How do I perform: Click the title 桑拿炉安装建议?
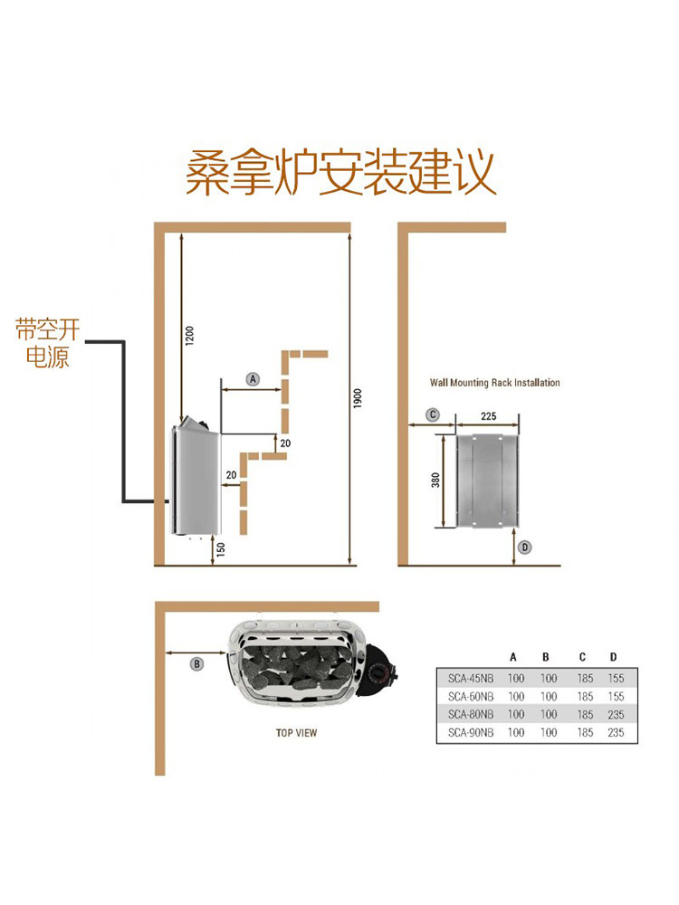(340, 172)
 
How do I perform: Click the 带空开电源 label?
(47, 343)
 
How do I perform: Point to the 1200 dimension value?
(190, 336)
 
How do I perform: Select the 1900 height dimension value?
(358, 398)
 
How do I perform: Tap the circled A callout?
(253, 379)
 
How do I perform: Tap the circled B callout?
(196, 663)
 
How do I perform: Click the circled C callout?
(433, 414)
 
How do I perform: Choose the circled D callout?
(525, 548)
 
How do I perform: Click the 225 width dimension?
(489, 415)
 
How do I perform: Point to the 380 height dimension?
(436, 481)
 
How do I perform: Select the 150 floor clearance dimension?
(221, 549)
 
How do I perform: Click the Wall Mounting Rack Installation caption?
(495, 383)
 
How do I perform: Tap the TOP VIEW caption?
(296, 733)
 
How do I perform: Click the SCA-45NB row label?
(471, 679)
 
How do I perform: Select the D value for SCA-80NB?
(616, 715)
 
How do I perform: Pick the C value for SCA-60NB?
(585, 697)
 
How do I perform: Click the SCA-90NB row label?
(471, 732)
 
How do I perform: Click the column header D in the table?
(613, 657)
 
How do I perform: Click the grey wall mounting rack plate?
(488, 481)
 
